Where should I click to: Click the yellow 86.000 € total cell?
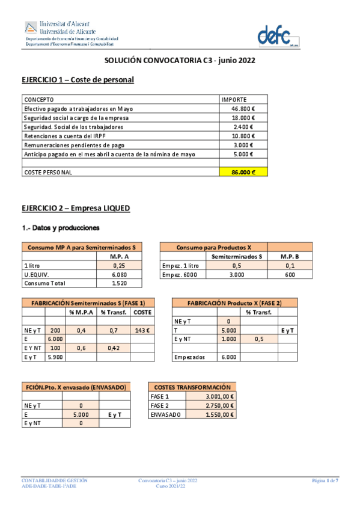pyautogui.click(x=243, y=173)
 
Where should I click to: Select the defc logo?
pyautogui.click(x=278, y=35)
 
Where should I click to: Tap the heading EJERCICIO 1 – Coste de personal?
pyautogui.click(x=78, y=80)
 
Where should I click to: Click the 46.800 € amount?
pyautogui.click(x=243, y=109)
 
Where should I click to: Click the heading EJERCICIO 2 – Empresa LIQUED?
pyautogui.click(x=76, y=208)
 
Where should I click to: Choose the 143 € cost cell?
pyautogui.click(x=142, y=330)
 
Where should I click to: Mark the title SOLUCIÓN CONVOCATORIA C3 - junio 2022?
pyautogui.click(x=180, y=61)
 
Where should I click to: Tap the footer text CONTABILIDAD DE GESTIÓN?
pyautogui.click(x=55, y=481)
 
